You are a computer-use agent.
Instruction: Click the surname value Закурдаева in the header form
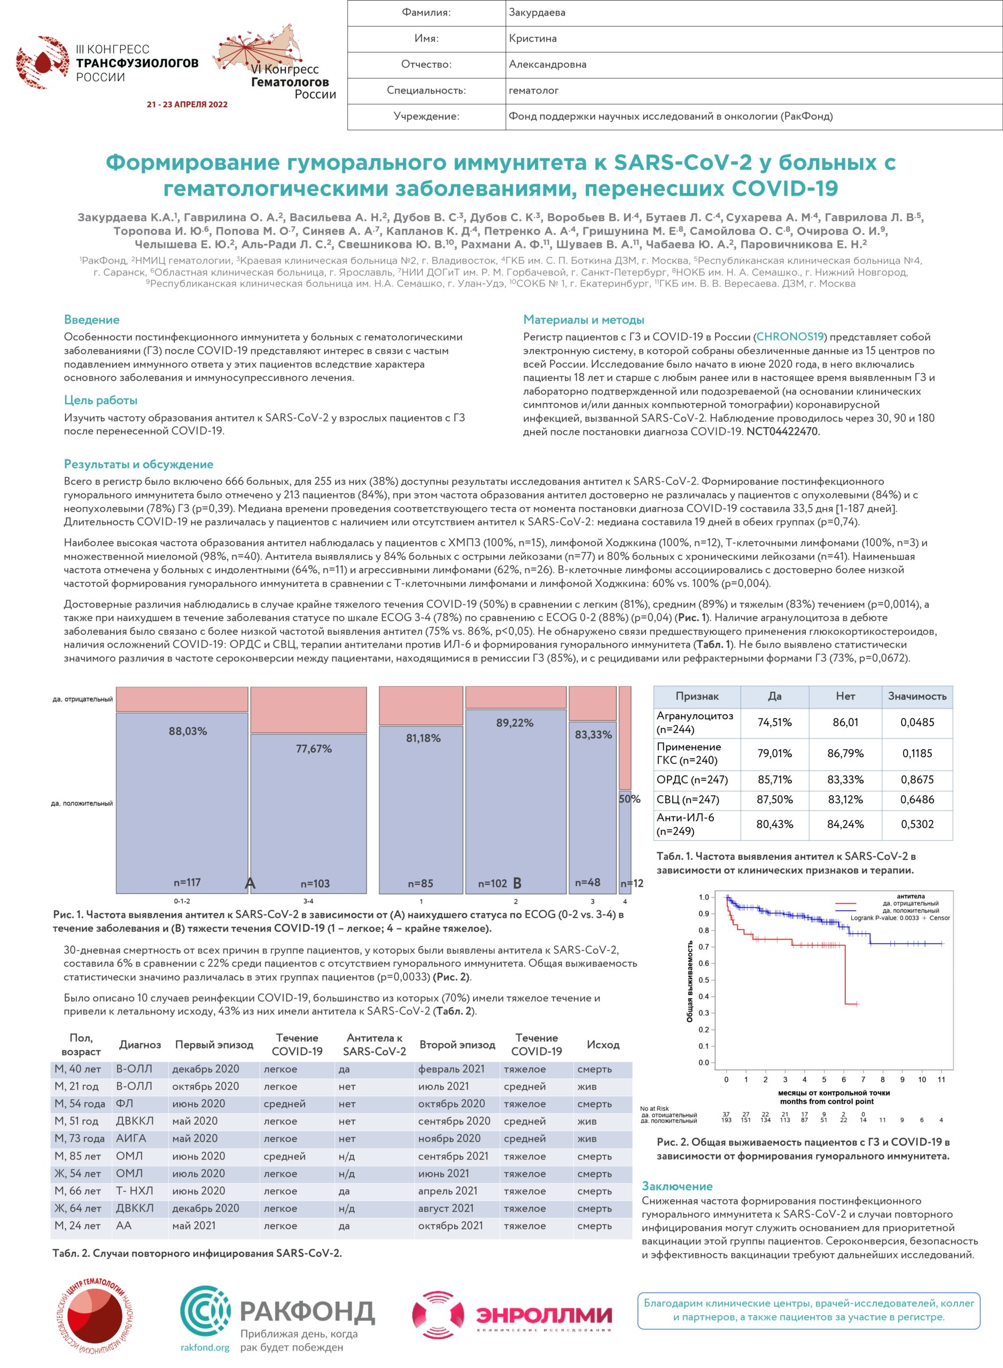pyautogui.click(x=537, y=12)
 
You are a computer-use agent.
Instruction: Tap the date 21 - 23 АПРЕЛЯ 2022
pyautogui.click(x=187, y=104)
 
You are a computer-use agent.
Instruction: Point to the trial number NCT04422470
pyautogui.click(x=783, y=432)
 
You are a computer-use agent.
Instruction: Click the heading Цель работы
pyautogui.click(x=101, y=400)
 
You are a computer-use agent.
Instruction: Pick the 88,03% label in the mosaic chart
pyautogui.click(x=188, y=731)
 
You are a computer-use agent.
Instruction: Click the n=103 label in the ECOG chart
pyautogui.click(x=315, y=883)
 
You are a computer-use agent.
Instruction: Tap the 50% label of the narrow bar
pyautogui.click(x=629, y=799)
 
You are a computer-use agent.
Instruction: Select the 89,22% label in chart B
pyautogui.click(x=514, y=722)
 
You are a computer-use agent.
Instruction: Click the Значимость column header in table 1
pyautogui.click(x=917, y=696)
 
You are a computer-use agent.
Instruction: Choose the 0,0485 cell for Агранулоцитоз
pyautogui.click(x=917, y=722)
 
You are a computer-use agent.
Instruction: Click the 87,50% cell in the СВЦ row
pyautogui.click(x=774, y=799)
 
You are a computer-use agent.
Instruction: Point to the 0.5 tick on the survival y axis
pyautogui.click(x=704, y=980)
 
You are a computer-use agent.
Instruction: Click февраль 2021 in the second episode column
pyautogui.click(x=451, y=1069)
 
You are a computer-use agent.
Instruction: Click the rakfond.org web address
pyautogui.click(x=205, y=1347)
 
